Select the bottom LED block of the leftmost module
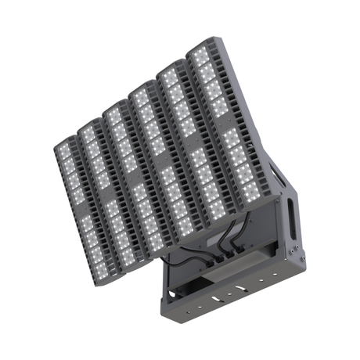point(103,262)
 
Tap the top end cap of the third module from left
point(115,104)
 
